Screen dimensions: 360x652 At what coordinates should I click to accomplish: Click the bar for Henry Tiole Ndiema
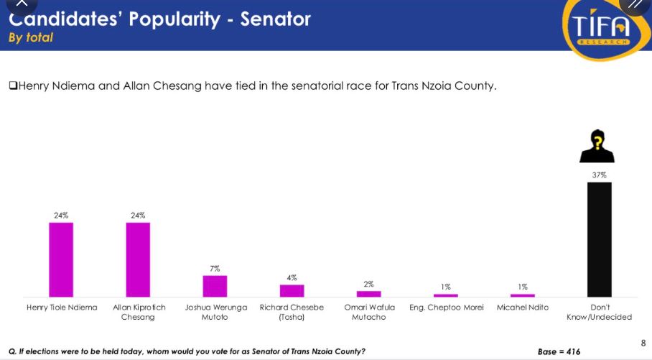61,259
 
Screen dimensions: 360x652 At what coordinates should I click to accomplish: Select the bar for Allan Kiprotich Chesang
138,259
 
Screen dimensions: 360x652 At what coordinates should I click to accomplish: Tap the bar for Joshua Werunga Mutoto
215,286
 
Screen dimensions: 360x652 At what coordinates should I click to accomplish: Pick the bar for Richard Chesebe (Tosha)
292,290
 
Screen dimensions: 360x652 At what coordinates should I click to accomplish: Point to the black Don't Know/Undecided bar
600,239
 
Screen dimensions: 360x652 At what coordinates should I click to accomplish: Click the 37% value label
600,175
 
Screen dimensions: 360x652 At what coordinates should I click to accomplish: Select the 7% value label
215,268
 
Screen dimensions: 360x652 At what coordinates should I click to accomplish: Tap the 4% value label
292,277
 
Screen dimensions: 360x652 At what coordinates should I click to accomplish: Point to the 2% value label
368,284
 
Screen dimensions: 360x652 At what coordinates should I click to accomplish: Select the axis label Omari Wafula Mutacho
369,312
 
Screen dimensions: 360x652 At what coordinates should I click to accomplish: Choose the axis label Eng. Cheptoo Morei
446,308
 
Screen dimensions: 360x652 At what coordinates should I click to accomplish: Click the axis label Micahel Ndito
523,308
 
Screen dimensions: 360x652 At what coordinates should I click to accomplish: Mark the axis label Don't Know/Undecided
600,312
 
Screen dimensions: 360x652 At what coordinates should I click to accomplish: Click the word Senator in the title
276,18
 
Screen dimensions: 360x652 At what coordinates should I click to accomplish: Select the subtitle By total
31,37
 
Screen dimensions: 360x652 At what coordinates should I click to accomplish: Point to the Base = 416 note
559,351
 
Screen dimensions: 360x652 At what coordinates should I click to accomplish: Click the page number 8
643,343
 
